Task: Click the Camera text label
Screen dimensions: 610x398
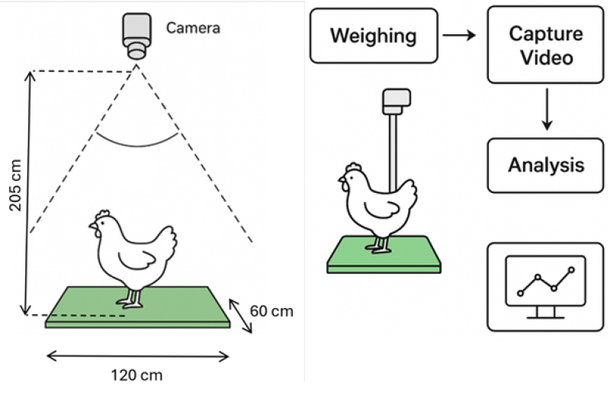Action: pos(193,28)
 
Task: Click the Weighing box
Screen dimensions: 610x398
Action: pos(374,36)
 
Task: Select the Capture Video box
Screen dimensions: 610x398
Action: pos(545,45)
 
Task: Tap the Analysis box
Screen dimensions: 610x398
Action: pos(545,165)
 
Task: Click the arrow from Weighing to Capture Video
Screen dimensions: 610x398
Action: pos(459,35)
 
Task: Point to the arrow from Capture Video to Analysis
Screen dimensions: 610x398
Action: pos(547,109)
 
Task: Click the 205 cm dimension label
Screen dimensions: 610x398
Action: pos(15,185)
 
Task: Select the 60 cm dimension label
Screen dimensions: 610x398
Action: pos(271,311)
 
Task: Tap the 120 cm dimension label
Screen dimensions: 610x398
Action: pos(136,375)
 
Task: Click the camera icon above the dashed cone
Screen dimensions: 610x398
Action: pos(136,36)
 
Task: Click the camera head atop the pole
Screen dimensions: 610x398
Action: pos(396,101)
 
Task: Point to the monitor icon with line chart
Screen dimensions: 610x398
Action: pos(545,287)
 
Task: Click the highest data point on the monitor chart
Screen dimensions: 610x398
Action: pos(571,270)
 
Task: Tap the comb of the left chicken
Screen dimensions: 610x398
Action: pos(103,214)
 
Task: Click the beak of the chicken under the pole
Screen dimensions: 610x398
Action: pos(341,180)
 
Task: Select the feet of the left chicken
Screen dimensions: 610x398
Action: pos(130,303)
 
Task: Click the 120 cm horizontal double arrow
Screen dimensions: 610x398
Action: pos(137,356)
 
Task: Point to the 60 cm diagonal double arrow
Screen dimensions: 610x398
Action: pos(240,316)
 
